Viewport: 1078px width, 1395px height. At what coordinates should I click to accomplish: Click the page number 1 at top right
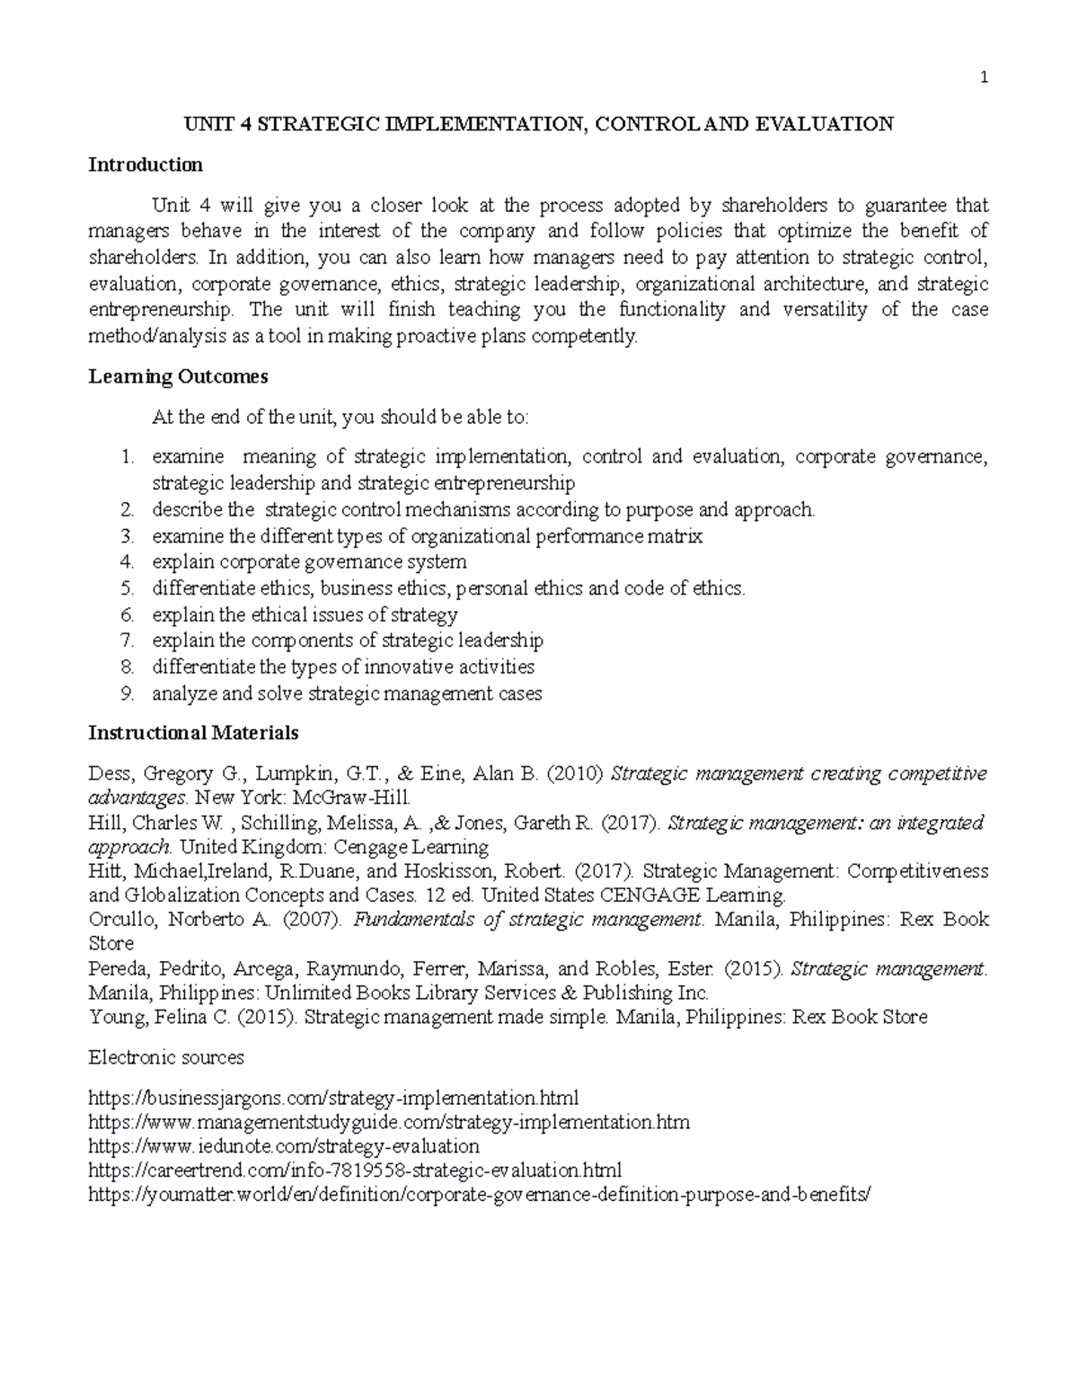pos(984,78)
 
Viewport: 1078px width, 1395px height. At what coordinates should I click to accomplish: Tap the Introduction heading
pos(146,164)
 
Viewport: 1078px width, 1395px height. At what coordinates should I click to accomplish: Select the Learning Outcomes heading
pos(178,376)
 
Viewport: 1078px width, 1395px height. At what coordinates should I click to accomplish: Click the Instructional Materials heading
pos(193,733)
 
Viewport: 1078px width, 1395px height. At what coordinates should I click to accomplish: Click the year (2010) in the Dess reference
pos(575,773)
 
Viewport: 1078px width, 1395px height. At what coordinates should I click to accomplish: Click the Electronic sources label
pos(166,1057)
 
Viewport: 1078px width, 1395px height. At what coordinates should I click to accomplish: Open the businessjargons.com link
pos(333,1098)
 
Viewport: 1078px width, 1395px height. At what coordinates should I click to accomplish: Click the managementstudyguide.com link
pos(389,1122)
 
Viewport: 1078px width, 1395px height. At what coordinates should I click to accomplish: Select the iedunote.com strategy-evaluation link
pos(284,1146)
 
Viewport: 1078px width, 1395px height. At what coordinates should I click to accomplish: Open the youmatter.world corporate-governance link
pos(480,1196)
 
